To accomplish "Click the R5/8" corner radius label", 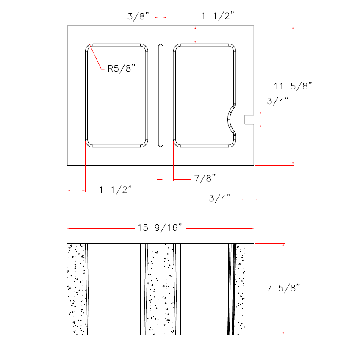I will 121,69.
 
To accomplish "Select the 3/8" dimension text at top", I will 138,17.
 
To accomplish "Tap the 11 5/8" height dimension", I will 293,86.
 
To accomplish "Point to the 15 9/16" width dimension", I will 160,228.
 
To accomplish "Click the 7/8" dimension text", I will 205,178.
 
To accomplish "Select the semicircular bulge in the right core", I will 232,119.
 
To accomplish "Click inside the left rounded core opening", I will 117,95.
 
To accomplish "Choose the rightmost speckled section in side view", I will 241,289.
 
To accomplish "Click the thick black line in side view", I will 233,289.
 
